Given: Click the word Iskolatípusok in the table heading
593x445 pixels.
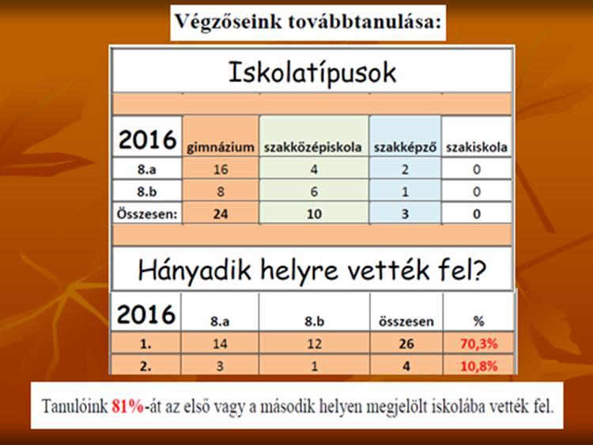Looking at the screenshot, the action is point(312,73).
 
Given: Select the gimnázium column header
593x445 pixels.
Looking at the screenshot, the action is point(221,147).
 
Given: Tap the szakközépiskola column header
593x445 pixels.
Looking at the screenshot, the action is point(313,148).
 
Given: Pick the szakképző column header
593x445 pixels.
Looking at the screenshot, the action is point(405,148).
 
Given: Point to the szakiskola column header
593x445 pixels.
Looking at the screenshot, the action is point(477,147).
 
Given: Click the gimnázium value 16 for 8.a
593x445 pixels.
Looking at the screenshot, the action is point(221,169).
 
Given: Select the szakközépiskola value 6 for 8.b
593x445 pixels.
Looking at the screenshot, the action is point(314,192).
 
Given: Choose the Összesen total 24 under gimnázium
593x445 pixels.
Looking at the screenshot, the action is point(221,214).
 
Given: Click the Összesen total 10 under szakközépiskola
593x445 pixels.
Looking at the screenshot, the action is point(314,214).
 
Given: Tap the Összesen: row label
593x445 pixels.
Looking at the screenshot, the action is point(147,214).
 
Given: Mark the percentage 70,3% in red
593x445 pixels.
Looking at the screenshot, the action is point(479,344).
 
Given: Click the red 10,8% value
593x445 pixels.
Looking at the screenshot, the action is point(479,366).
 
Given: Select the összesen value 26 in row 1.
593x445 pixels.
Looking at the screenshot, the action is point(406,344).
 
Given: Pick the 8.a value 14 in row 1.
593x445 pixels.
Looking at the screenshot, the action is point(220,344).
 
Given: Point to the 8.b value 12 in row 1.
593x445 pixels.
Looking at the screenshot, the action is point(314,344).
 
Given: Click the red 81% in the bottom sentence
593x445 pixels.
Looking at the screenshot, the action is point(128,407).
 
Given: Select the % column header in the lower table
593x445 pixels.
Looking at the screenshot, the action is point(479,322).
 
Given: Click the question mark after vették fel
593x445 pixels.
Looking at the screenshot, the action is point(478,270).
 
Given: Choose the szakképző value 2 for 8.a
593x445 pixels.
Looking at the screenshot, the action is point(405,169).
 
